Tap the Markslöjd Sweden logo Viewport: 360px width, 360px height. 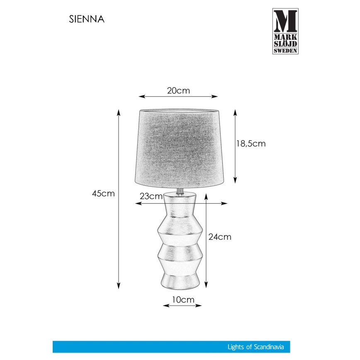pyautogui.click(x=285, y=31)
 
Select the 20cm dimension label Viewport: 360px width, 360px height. pyautogui.click(x=178, y=90)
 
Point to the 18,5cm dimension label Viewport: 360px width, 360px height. pyautogui.click(x=251, y=144)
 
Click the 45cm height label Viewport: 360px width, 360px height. pyautogui.click(x=103, y=194)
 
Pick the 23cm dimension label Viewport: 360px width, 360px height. pyautogui.click(x=151, y=197)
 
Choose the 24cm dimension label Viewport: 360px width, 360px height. pyautogui.click(x=219, y=237)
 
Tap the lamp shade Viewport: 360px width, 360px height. pyautogui.click(x=179, y=147)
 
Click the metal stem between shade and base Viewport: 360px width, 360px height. pyautogui.click(x=180, y=190)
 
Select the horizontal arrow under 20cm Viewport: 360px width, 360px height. pyautogui.click(x=178, y=97)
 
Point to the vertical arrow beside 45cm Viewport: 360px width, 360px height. pyautogui.click(x=119, y=199)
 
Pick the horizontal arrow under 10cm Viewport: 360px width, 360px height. pyautogui.click(x=182, y=306)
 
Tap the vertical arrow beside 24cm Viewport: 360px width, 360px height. pyautogui.click(x=206, y=241)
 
